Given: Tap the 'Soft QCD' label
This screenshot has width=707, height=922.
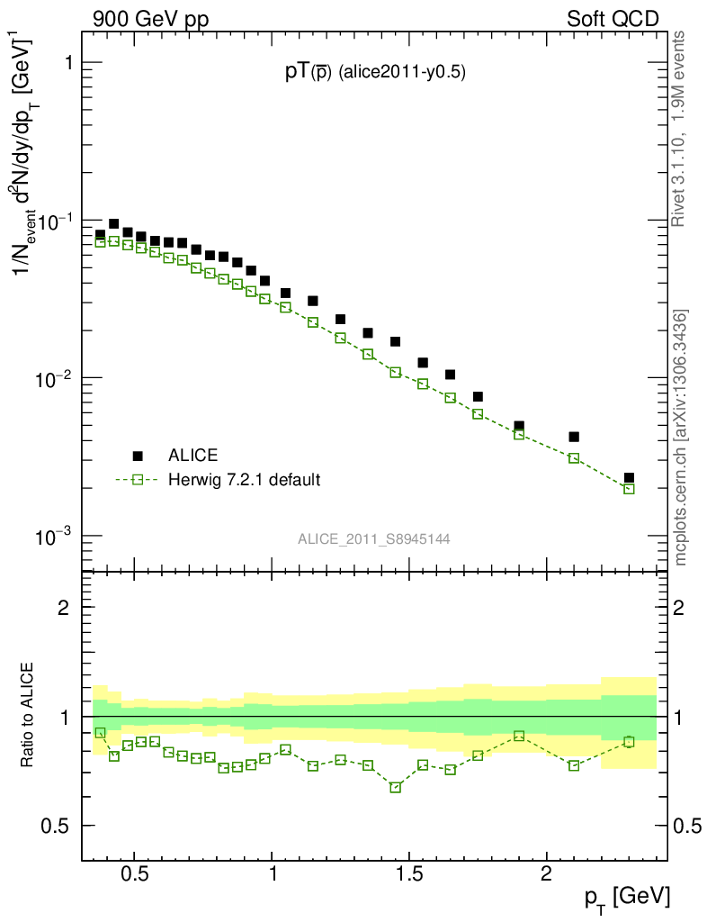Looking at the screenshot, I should [613, 19].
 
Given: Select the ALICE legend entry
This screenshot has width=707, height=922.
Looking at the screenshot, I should [192, 456].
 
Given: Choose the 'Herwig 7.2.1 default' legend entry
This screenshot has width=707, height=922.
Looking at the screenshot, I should [243, 479].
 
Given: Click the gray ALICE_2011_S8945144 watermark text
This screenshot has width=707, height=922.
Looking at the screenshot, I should [374, 539].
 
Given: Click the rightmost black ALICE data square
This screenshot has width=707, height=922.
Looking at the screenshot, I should [629, 478].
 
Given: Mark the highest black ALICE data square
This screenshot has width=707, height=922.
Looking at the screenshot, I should [114, 224].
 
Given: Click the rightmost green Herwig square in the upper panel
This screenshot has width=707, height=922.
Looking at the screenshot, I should [629, 489].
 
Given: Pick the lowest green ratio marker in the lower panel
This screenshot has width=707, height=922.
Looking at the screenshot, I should [395, 787].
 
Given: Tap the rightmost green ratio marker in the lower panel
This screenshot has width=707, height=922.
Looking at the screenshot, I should [629, 742].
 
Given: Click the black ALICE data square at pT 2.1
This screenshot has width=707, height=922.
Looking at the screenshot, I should [574, 437].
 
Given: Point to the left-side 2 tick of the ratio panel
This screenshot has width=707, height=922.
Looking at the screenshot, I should [64, 607].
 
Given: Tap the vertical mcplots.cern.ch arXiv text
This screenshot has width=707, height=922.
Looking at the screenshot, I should [681, 438].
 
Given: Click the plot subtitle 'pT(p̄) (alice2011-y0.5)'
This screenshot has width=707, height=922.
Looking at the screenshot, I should [374, 74].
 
